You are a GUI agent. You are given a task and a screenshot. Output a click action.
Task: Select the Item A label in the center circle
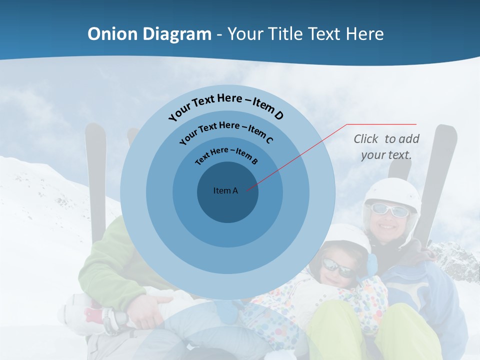[x=226, y=190]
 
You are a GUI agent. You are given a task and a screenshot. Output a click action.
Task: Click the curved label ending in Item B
[x=226, y=155]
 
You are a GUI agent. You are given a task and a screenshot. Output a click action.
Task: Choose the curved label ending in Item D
[x=226, y=106]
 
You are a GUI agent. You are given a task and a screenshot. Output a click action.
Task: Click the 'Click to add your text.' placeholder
[x=386, y=147]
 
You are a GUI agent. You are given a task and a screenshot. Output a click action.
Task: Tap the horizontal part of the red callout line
[x=382, y=124]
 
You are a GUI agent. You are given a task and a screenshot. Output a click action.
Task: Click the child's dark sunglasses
[x=338, y=267]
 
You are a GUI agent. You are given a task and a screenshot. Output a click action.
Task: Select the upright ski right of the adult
[x=436, y=180]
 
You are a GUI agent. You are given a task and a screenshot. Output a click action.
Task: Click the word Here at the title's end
[x=363, y=34]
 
